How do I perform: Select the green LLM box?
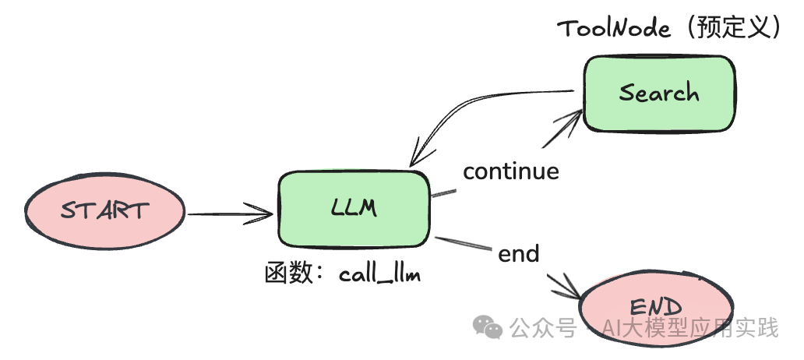[354, 207]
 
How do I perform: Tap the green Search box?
[659, 94]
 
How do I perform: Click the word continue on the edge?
[511, 171]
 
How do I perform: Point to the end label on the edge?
[519, 254]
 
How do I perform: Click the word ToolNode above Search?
[614, 29]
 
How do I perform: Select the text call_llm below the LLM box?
[379, 275]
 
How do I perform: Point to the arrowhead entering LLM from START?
[263, 212]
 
